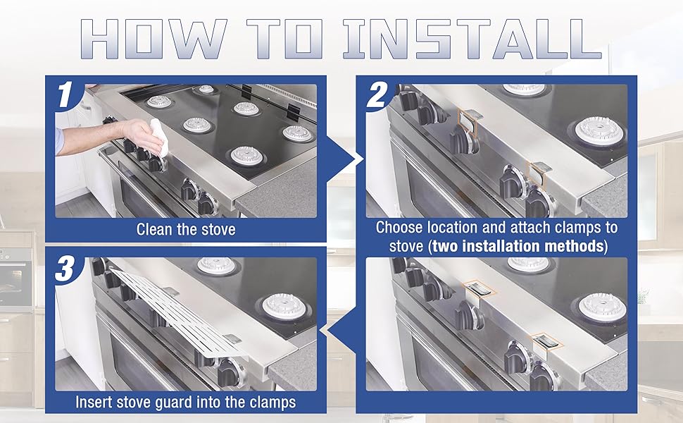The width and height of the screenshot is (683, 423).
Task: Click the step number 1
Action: tap(65, 94)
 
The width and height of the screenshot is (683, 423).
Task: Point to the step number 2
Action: tap(376, 95)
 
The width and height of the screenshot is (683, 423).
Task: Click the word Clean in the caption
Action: tap(153, 229)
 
